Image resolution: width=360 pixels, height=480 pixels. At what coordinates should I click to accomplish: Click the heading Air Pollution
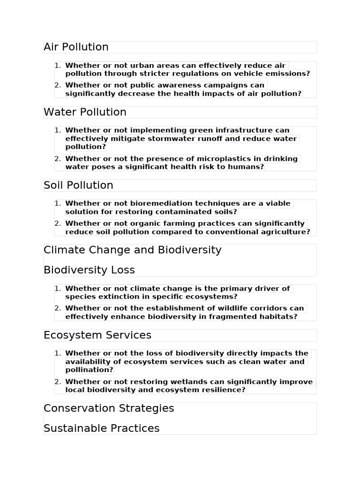tap(76, 47)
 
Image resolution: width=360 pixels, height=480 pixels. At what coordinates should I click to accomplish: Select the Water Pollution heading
tap(85, 112)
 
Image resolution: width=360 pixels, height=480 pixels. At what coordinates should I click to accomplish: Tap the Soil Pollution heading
tap(78, 185)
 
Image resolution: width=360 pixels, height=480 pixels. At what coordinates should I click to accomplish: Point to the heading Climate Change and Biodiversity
tap(132, 250)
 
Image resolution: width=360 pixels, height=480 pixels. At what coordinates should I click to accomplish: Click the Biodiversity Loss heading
tap(89, 270)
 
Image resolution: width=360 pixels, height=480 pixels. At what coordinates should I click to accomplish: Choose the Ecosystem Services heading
tap(97, 335)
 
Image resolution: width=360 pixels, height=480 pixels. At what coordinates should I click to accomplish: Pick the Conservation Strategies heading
tap(109, 408)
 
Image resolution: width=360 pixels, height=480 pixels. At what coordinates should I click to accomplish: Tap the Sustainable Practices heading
tap(101, 428)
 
